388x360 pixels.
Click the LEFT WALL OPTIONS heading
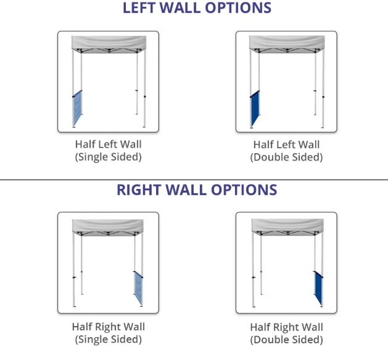[197, 8]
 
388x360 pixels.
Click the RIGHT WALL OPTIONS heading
[197, 190]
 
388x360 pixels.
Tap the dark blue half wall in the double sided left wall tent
[255, 110]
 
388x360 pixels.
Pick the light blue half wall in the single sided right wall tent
[138, 288]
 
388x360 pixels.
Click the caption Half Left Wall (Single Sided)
[108, 151]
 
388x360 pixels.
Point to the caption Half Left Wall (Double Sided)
[286, 151]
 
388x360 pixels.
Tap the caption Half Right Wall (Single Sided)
[108, 333]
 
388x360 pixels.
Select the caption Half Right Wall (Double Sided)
[286, 333]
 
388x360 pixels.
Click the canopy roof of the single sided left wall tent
[108, 44]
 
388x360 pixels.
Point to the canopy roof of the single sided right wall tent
[108, 225]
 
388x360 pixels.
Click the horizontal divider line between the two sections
[194, 180]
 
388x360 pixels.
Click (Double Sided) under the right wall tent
[286, 340]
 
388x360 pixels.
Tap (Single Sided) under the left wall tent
[108, 157]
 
